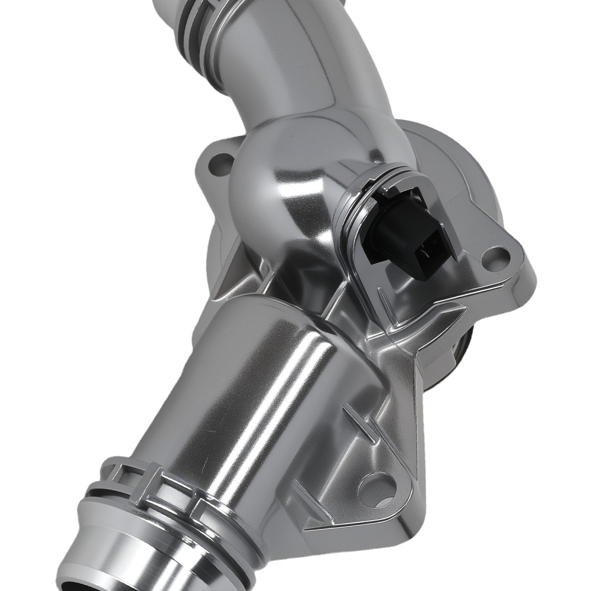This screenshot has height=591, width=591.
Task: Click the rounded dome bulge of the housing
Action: click(x=278, y=171)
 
